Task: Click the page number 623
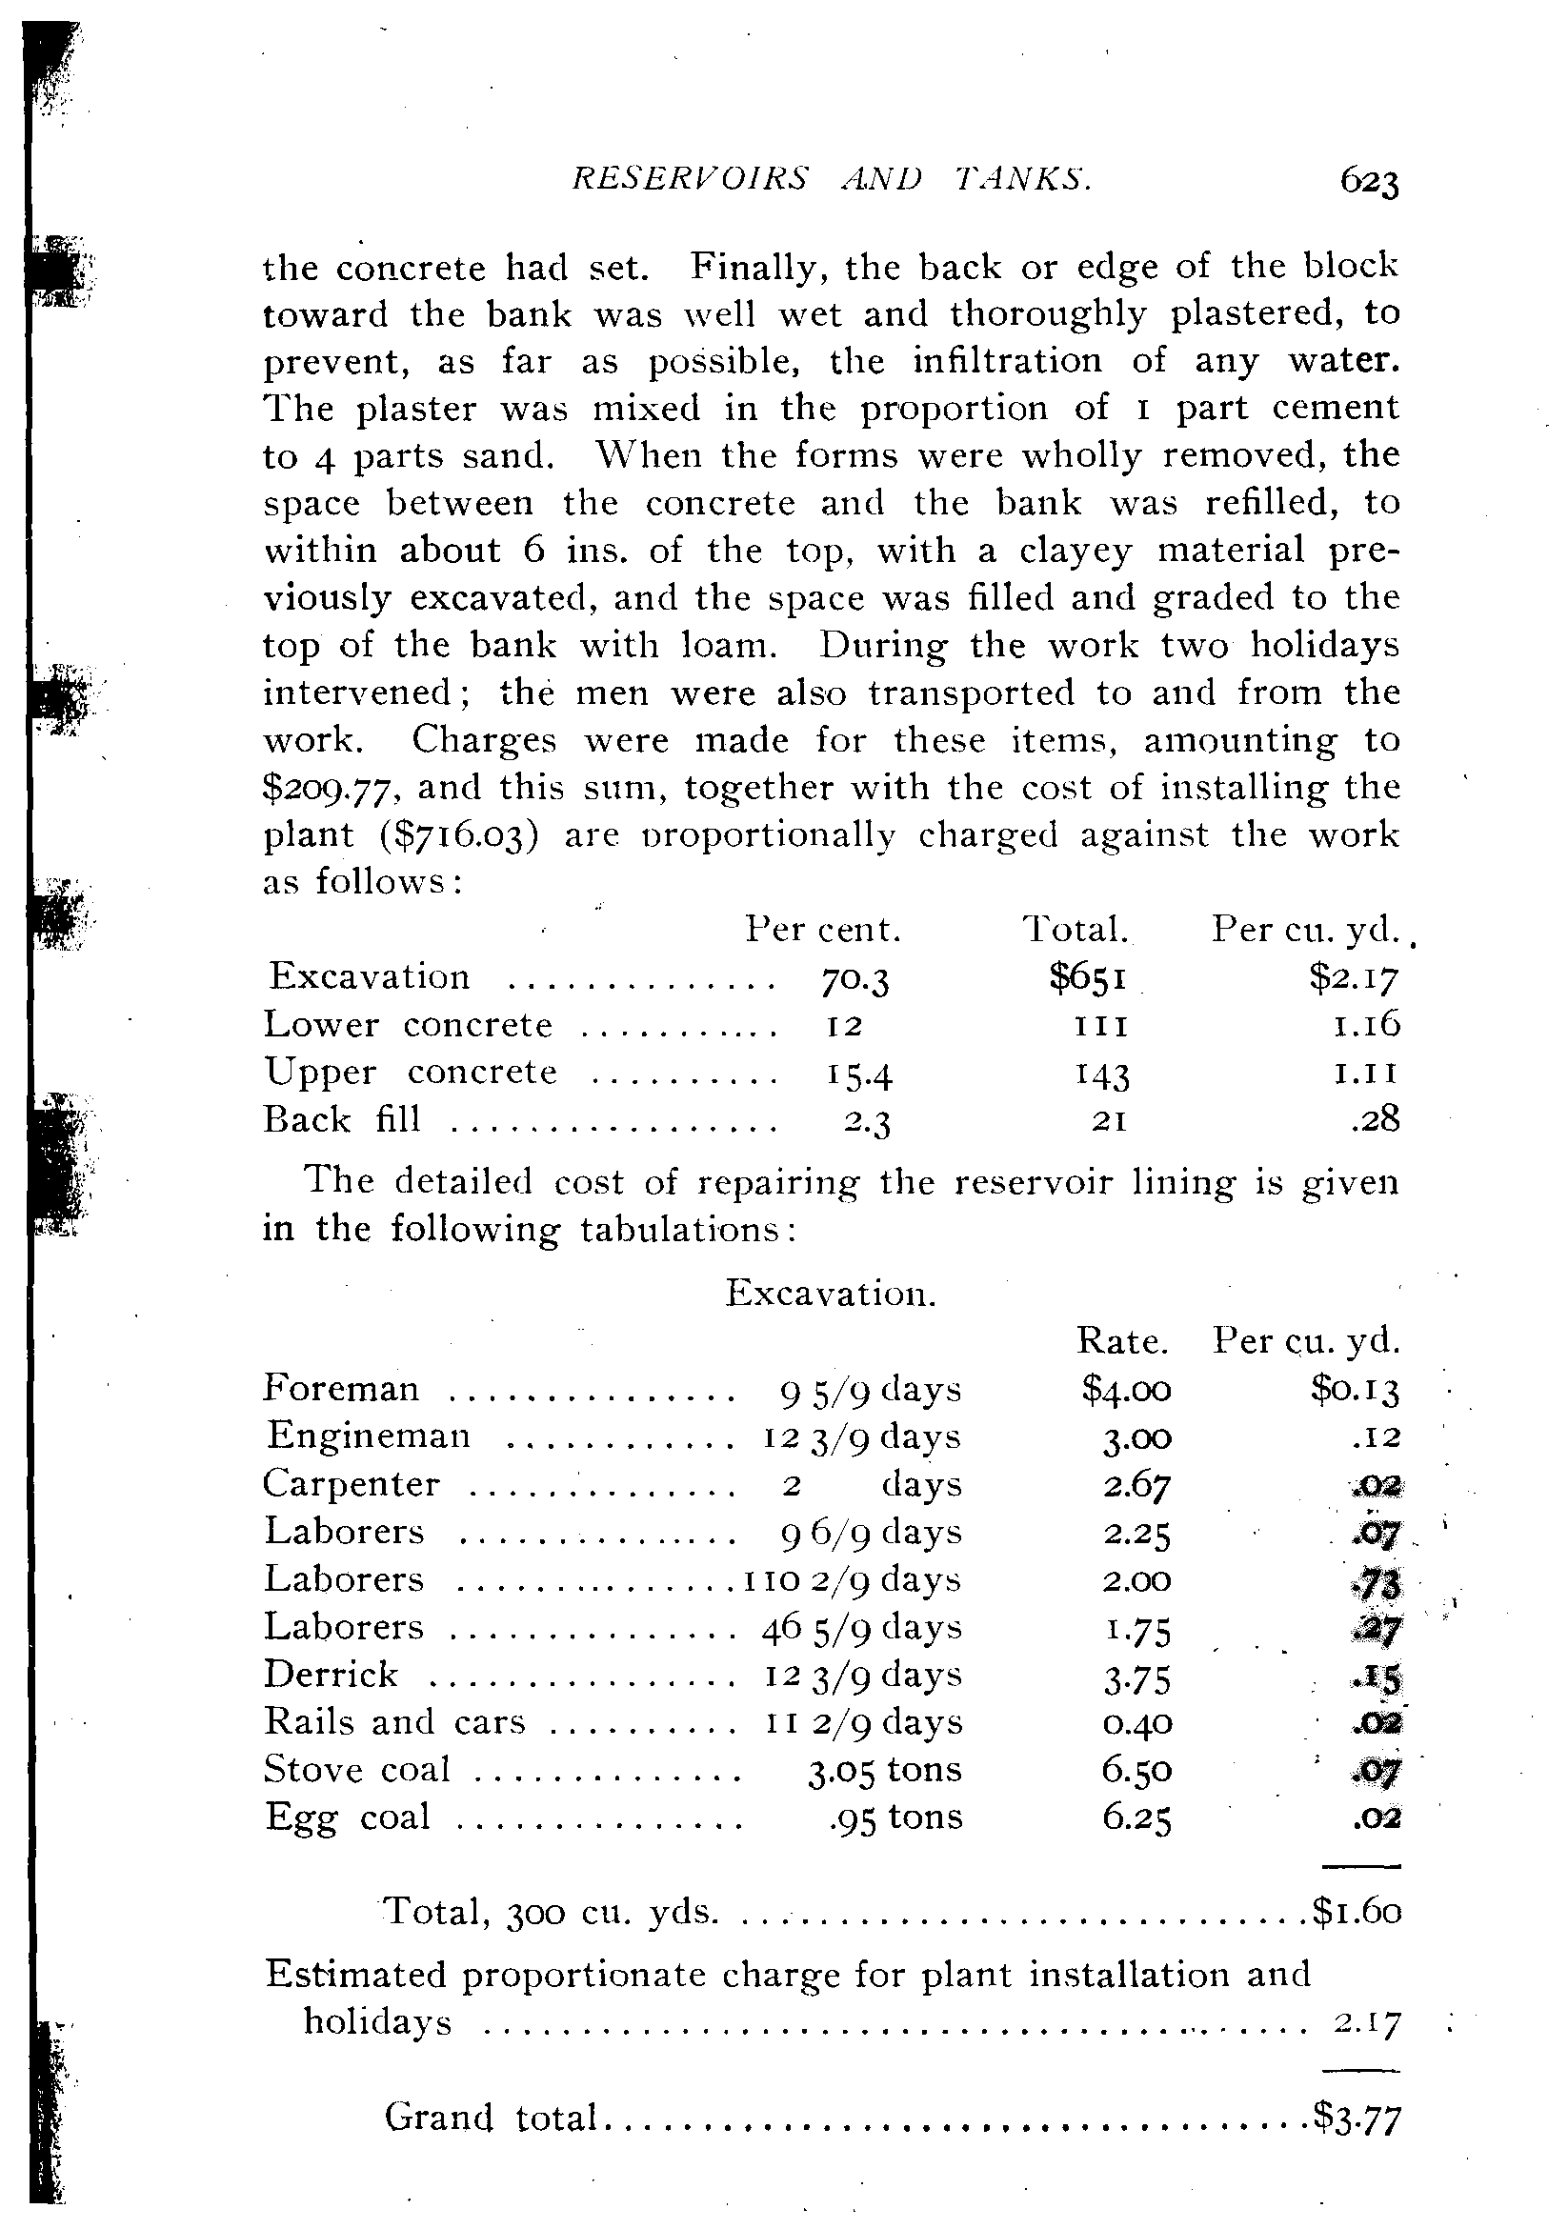click(1369, 182)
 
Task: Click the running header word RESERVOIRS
click(691, 179)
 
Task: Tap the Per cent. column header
click(823, 930)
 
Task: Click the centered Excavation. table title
click(831, 1295)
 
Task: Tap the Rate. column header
click(1121, 1341)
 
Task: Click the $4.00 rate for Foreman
click(1126, 1390)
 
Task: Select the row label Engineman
click(368, 1436)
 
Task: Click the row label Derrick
click(332, 1675)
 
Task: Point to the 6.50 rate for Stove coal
click(1136, 1771)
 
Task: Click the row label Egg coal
click(347, 1817)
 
